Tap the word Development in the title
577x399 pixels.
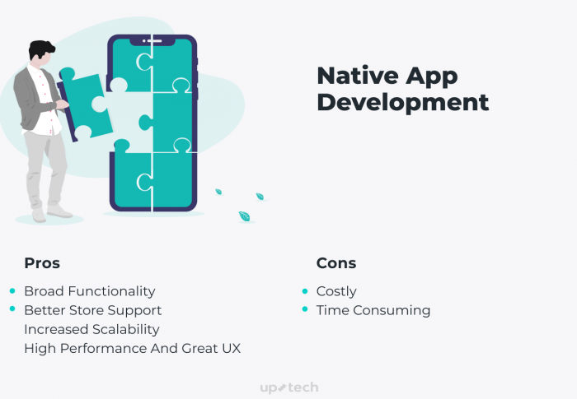(x=403, y=102)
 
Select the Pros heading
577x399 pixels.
(x=42, y=263)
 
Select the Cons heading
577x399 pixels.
(x=336, y=263)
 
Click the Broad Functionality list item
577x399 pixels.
(x=90, y=291)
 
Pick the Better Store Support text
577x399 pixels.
(x=92, y=310)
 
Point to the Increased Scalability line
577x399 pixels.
(x=91, y=330)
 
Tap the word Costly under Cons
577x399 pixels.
(x=336, y=291)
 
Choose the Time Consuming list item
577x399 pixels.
(x=373, y=310)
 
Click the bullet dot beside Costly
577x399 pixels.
(x=305, y=291)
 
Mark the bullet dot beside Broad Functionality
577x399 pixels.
(x=12, y=291)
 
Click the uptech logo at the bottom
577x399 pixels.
(x=289, y=387)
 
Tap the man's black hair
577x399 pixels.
(x=41, y=49)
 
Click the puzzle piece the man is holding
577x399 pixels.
(x=86, y=104)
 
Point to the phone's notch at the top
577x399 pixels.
(x=152, y=41)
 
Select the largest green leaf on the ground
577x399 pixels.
(x=244, y=216)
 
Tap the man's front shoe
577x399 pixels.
(x=59, y=211)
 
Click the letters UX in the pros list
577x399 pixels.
(x=232, y=348)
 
